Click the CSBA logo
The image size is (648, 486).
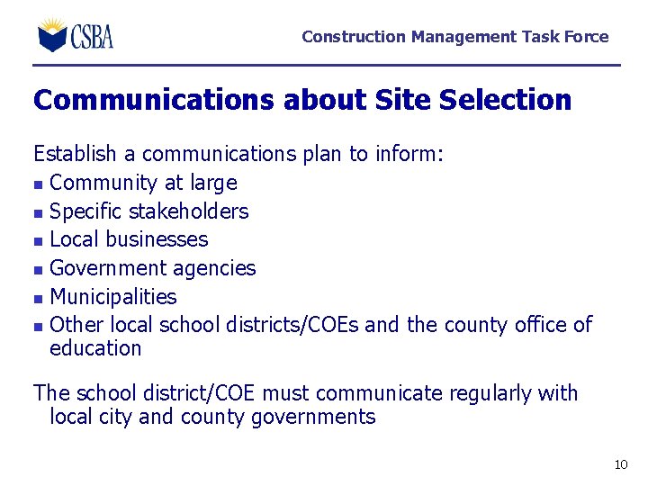[76, 35]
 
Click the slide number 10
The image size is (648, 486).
[620, 464]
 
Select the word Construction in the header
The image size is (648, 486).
[354, 37]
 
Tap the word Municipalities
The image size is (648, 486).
[113, 297]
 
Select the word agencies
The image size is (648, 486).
[214, 269]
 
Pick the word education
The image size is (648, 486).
[95, 348]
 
